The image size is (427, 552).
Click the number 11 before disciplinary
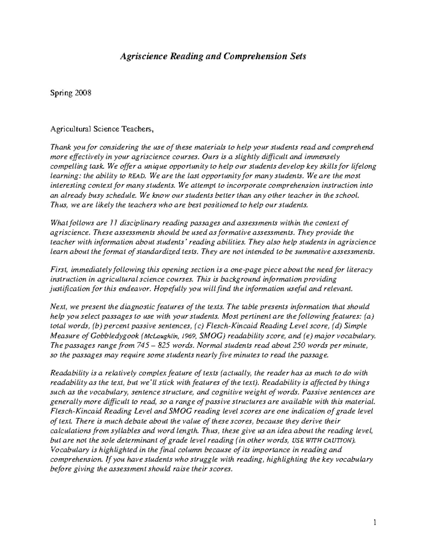(113, 223)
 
